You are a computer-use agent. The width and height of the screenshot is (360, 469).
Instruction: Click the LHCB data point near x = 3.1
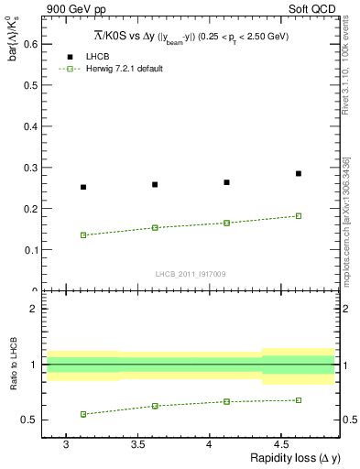(83, 187)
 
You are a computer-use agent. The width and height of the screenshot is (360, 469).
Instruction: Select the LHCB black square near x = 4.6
(299, 173)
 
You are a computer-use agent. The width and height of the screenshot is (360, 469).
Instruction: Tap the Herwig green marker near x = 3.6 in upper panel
(155, 227)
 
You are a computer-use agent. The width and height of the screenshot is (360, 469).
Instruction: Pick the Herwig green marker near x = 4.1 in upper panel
(226, 223)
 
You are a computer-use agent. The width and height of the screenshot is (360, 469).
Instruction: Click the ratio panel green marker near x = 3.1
(83, 414)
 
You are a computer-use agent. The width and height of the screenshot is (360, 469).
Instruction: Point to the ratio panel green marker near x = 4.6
(299, 399)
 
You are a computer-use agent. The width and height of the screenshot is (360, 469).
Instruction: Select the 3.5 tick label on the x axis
(137, 443)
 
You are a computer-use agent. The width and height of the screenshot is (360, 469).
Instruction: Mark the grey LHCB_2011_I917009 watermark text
(191, 274)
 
